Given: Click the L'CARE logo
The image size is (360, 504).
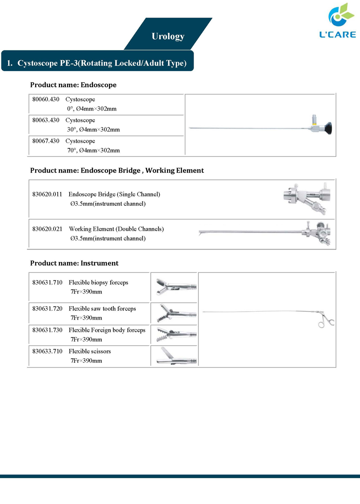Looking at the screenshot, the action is tap(337, 21).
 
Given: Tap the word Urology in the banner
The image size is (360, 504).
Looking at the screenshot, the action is tap(168, 36).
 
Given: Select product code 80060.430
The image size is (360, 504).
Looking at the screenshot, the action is tap(46, 99).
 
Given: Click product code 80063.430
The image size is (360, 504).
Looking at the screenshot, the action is tap(46, 120).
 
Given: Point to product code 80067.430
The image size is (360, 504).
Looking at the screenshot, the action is tap(46, 141).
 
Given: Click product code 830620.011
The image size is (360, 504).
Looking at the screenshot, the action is tap(47, 194).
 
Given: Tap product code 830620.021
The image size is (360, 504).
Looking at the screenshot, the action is tap(47, 229).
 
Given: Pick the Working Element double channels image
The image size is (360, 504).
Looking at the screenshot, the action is tap(265, 233).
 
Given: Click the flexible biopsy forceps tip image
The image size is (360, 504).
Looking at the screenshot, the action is tap(176, 287).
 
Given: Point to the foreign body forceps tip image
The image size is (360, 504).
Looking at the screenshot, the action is tap(176, 335).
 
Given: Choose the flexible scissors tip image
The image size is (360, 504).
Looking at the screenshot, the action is tap(176, 356).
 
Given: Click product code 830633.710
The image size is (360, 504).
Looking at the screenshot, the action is tap(47, 351).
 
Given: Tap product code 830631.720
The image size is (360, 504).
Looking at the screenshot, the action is tap(47, 308).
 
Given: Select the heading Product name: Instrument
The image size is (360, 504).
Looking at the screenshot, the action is tap(74, 263).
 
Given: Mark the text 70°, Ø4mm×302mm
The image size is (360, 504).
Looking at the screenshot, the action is tap(93, 150).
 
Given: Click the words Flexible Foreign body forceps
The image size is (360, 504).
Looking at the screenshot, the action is tap(107, 330).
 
